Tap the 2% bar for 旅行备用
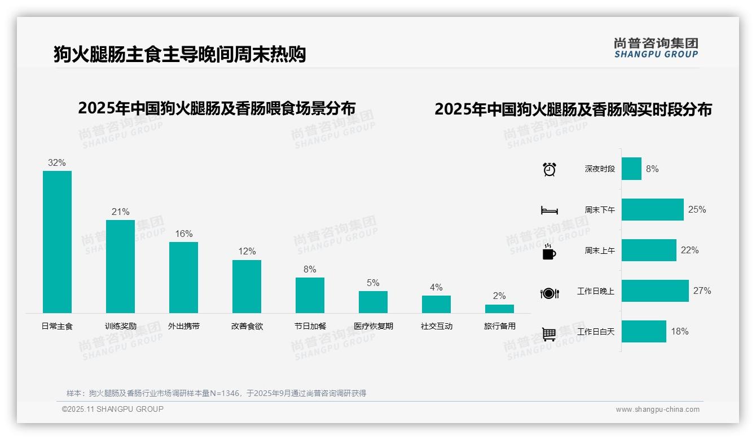point(499,309)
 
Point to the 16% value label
point(183,234)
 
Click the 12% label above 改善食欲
point(247,251)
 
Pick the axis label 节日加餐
point(310,326)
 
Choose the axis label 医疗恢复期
point(373,326)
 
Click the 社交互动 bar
point(436,304)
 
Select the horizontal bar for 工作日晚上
point(654,291)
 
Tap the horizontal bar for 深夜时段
point(631,169)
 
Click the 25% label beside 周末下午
point(697,209)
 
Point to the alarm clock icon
point(549,169)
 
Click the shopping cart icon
point(549,334)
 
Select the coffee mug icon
point(549,252)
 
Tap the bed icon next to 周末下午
point(549,210)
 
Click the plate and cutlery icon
point(549,293)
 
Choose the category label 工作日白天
point(596,332)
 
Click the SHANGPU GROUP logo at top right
point(656,48)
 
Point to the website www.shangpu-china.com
point(657,410)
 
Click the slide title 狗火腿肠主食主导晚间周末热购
point(179,54)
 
